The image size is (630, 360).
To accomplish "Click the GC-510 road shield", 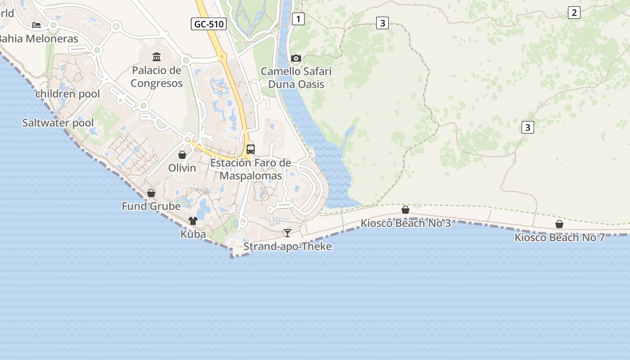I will pos(208,24).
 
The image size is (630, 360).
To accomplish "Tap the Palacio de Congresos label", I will pos(157,77).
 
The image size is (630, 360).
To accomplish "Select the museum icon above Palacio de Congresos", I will pos(157,57).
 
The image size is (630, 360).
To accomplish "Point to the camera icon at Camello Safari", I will pos(296,58).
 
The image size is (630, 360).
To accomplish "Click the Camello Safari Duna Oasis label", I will pos(296,78).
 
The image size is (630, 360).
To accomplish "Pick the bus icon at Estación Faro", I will pos(251,149).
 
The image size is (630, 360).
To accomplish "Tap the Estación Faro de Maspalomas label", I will pos(251,169).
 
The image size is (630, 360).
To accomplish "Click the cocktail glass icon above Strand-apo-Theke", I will pos(288,233).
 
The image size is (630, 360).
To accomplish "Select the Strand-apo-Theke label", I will pos(288,247).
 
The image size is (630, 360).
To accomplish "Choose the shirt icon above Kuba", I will pos(193,220).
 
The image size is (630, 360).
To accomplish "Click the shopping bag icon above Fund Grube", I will pos(151,193).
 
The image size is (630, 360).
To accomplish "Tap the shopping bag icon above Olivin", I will pos(182,155).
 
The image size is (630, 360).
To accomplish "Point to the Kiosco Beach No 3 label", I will pos(405,223).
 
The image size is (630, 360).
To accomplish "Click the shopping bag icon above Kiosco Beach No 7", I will pos(559,224).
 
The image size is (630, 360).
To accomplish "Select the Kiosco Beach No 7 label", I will pos(559,238).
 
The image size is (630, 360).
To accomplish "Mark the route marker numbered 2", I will pos(574,13).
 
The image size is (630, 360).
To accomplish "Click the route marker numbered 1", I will pos(298,19).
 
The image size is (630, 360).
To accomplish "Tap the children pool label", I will pos(61,94).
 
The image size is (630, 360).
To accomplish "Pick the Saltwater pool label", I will pos(58,123).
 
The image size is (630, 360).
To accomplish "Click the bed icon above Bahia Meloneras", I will pos(36,25).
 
